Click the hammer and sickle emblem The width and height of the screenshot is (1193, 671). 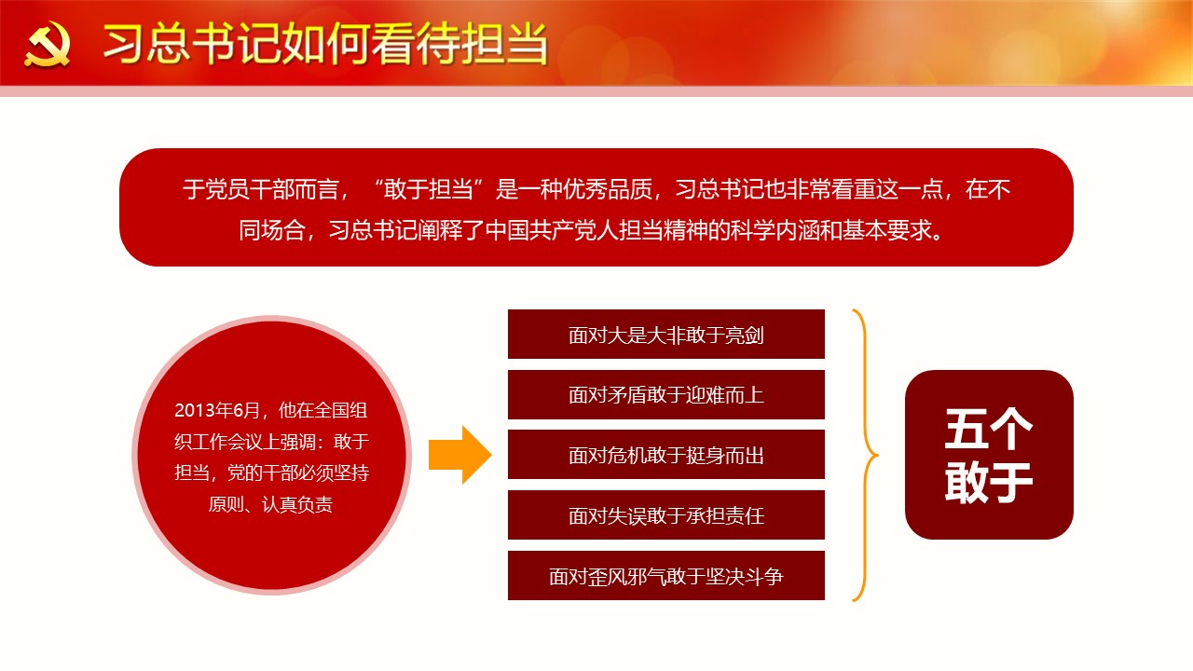[47, 45]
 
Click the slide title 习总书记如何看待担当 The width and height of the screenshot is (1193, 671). [325, 44]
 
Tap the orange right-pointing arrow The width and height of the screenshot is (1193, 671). [460, 455]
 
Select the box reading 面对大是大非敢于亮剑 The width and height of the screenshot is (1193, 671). [666, 334]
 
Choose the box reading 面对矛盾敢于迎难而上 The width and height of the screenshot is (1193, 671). [666, 394]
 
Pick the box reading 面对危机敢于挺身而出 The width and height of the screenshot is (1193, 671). [666, 454]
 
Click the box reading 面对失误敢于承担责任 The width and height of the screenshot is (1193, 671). [666, 515]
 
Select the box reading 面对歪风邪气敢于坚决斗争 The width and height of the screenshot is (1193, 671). [666, 576]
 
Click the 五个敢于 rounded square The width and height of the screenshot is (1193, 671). [989, 455]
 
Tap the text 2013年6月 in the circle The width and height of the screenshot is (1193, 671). [217, 410]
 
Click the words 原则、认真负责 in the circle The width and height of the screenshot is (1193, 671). [270, 504]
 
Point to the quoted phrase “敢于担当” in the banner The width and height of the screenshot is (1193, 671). [428, 189]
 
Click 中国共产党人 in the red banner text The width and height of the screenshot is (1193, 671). [552, 230]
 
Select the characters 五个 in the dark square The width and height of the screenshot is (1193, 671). [989, 429]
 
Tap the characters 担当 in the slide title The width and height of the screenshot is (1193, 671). [504, 44]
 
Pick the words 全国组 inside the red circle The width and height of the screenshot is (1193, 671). [341, 410]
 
